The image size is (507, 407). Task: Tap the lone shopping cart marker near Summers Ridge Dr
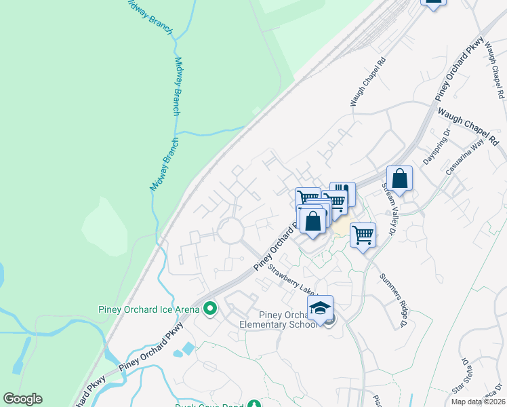click(x=363, y=235)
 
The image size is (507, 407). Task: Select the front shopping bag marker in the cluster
click(x=313, y=222)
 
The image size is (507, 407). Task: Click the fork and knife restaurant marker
click(x=343, y=193)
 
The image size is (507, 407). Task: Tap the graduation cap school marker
click(x=320, y=307)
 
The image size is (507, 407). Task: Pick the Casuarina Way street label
click(x=463, y=158)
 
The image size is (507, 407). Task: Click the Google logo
click(x=22, y=399)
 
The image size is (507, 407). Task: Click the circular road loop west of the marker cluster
click(x=231, y=231)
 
